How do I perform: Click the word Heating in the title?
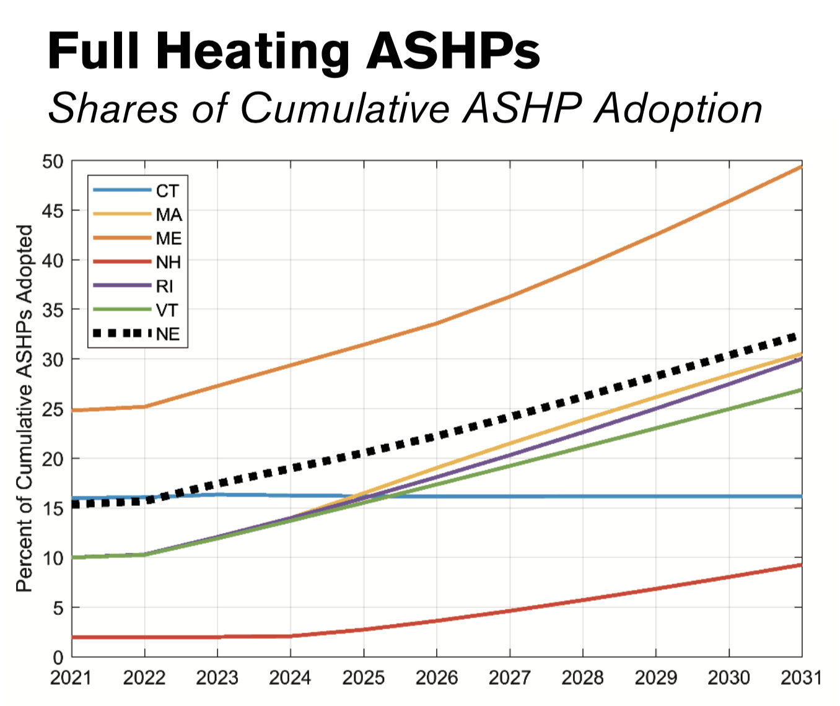click(253, 53)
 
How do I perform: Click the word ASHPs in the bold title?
click(452, 51)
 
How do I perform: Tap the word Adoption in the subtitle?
click(678, 109)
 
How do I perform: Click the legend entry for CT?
click(167, 191)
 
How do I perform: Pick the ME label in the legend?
click(168, 238)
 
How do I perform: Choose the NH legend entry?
click(168, 263)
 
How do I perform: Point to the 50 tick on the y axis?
click(53, 162)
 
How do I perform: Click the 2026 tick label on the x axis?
click(437, 678)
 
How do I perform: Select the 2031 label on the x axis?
click(801, 678)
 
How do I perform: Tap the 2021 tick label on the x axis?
click(71, 678)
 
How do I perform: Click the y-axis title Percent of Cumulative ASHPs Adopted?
click(24, 409)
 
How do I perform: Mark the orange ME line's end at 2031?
click(801, 167)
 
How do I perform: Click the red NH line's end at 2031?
click(801, 565)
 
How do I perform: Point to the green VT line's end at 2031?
click(801, 390)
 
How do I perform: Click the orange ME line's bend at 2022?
click(145, 406)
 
